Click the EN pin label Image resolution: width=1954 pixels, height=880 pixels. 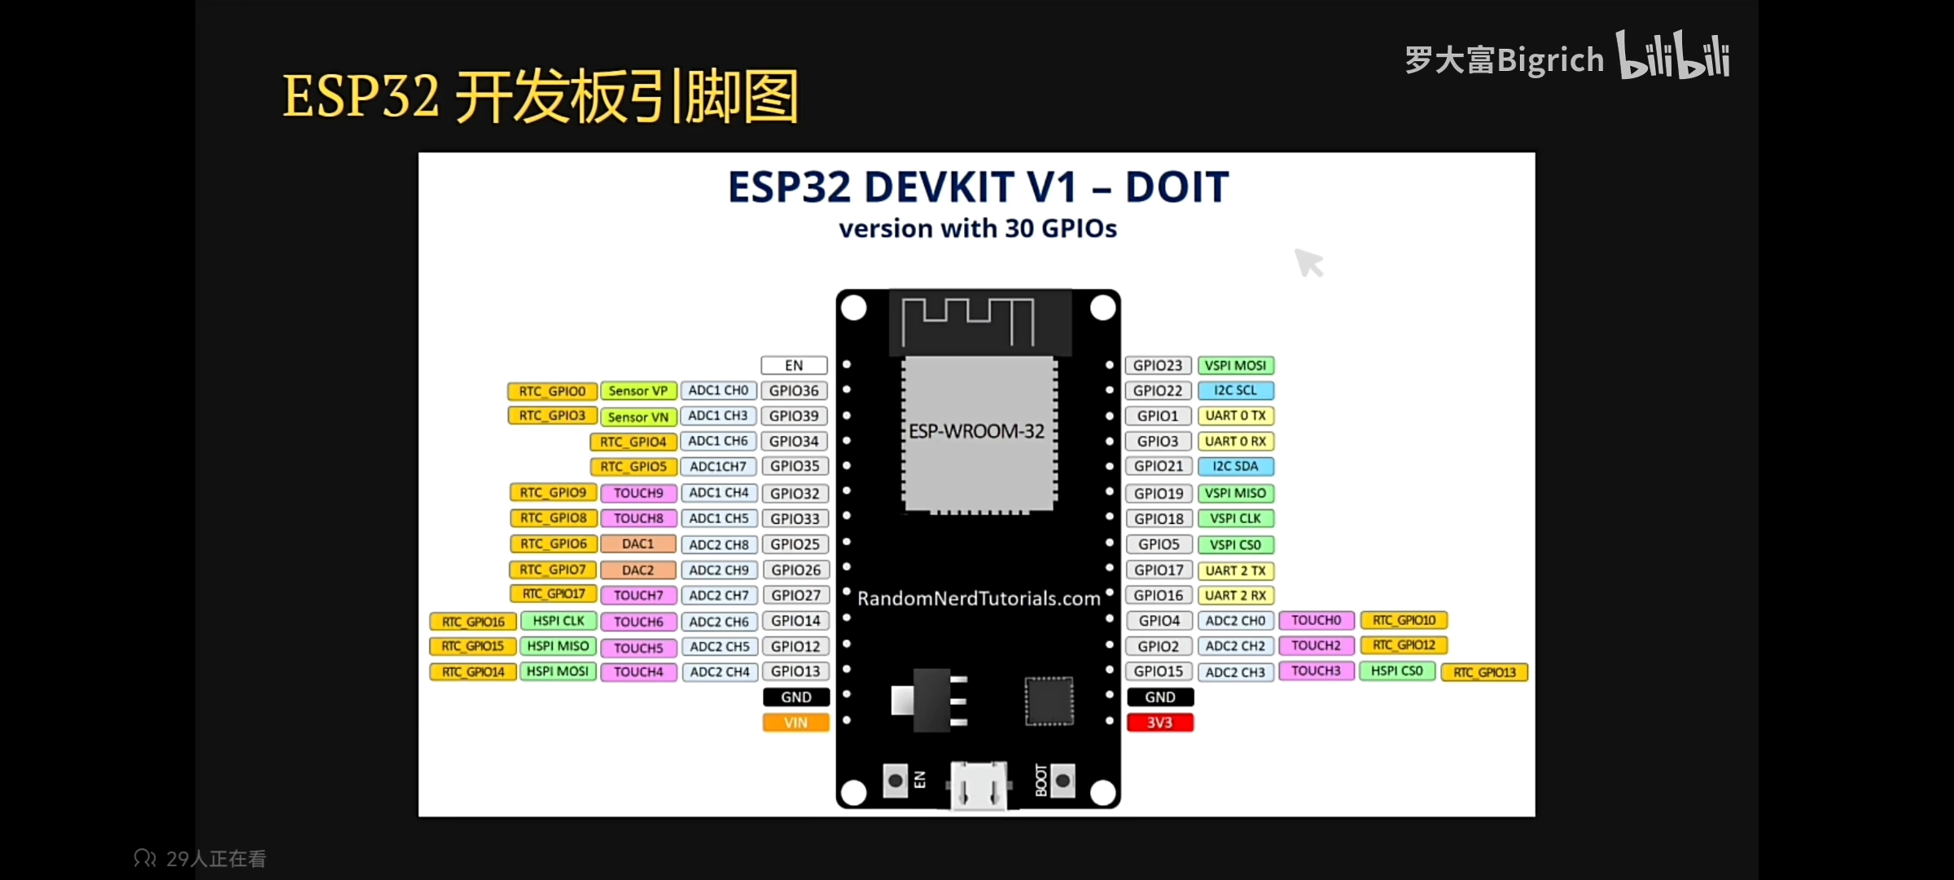click(x=794, y=365)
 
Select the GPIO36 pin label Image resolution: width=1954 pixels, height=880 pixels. click(x=794, y=391)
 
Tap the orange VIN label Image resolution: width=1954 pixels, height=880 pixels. click(x=795, y=723)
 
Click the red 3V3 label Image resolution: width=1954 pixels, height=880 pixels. click(x=1159, y=723)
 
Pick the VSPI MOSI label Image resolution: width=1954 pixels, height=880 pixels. click(x=1235, y=366)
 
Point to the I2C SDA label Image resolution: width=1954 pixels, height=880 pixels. click(x=1235, y=467)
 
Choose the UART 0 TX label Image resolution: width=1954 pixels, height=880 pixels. click(x=1235, y=416)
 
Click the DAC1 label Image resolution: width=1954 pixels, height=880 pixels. click(x=637, y=544)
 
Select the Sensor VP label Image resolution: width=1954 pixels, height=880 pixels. click(x=637, y=391)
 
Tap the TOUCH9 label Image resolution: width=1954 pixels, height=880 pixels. click(x=637, y=493)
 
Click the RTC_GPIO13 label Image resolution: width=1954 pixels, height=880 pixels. click(x=1484, y=672)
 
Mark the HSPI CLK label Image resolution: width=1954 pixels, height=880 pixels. click(x=559, y=621)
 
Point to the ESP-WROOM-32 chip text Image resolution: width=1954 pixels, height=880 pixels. click(x=976, y=432)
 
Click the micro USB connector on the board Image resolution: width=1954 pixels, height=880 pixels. click(x=978, y=785)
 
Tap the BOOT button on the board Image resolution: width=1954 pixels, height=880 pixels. click(x=1062, y=781)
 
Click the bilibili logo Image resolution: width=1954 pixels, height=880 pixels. click(x=1673, y=57)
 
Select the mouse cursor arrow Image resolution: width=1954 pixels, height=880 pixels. click(x=1308, y=262)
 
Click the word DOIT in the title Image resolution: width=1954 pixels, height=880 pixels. click(x=1176, y=187)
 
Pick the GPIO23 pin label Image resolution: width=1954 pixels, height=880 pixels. click(x=1157, y=366)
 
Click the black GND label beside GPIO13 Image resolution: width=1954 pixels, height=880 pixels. click(x=795, y=697)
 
